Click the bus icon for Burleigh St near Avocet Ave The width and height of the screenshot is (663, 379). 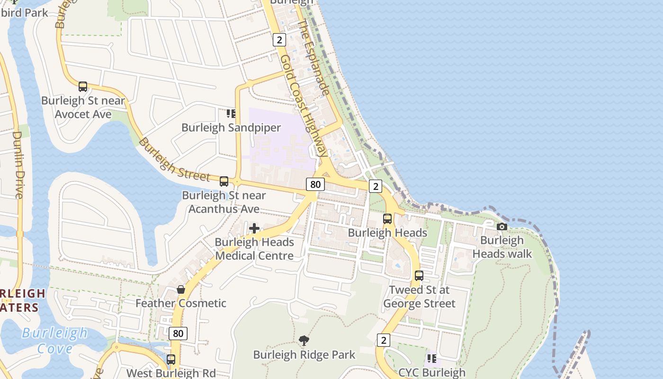tap(83, 87)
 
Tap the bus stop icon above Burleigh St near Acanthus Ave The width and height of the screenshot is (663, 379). tap(224, 181)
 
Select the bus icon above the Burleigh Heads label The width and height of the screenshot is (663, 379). tap(387, 219)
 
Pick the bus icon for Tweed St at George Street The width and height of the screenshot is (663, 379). tap(419, 276)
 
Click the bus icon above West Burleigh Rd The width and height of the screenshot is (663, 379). tap(171, 360)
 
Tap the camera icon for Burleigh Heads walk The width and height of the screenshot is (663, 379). tap(502, 227)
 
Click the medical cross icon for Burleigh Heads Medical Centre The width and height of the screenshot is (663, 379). tap(254, 229)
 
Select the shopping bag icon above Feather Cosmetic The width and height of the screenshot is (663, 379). tap(181, 289)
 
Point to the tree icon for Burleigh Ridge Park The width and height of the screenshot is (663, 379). tap(304, 340)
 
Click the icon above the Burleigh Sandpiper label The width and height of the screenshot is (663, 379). tap(231, 114)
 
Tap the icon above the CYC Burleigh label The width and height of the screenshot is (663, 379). tap(431, 359)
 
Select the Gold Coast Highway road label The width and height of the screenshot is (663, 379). tap(303, 105)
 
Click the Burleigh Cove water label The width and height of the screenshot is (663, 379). tap(55, 341)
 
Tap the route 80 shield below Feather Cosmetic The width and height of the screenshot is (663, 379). tap(178, 334)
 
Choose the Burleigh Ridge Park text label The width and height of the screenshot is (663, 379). tap(304, 355)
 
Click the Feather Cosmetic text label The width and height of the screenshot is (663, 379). tap(181, 303)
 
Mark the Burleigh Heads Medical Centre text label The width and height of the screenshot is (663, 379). tap(254, 249)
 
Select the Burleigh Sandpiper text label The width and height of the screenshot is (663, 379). tap(231, 127)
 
